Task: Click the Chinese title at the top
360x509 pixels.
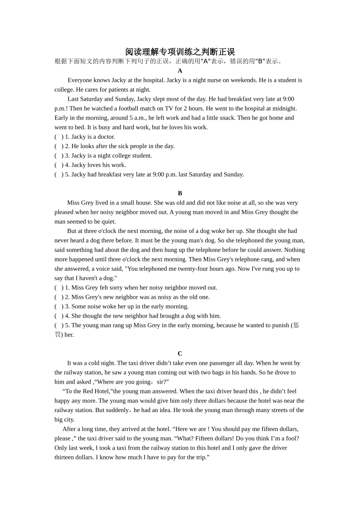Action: click(x=180, y=52)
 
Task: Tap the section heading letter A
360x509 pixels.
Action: click(x=180, y=71)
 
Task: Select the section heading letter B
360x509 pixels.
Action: click(x=180, y=193)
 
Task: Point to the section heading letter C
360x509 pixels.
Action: click(x=180, y=354)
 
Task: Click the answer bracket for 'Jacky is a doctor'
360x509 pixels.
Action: click(x=59, y=137)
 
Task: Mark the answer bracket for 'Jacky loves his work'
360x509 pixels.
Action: click(x=59, y=165)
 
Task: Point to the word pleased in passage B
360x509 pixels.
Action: click(x=64, y=212)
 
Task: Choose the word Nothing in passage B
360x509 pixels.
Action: click(x=294, y=250)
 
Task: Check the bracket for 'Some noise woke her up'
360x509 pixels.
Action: click(x=59, y=306)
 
